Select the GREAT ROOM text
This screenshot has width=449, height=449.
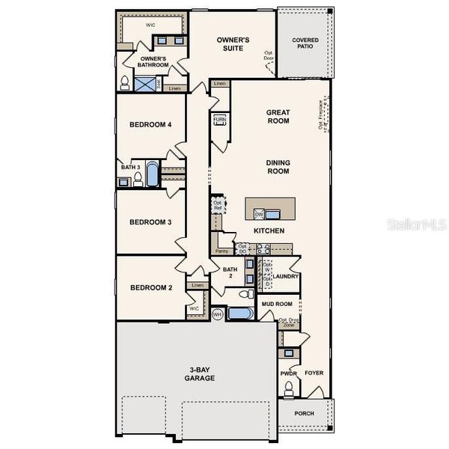pos(278,117)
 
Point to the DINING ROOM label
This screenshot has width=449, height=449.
pos(278,166)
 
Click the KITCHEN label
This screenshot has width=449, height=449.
pos(269,230)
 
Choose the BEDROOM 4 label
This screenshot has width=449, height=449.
pos(151,125)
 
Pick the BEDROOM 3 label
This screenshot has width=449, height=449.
pos(151,222)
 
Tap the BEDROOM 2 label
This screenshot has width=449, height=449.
pos(151,288)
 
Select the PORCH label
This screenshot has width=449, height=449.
pos(304,414)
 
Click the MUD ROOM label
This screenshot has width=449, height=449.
pos(277,304)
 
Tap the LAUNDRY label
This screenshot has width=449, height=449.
pos(286,277)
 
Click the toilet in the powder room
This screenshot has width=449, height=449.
pos(289,388)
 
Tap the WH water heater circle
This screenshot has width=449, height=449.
pos(218,315)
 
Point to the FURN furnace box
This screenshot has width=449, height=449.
pos(220,120)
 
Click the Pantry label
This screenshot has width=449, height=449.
pos(222,251)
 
